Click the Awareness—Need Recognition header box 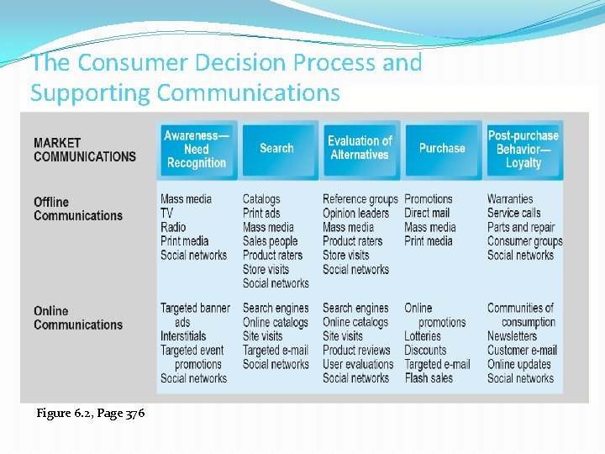coord(196,149)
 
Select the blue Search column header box coord(276,149)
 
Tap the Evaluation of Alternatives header coord(360,148)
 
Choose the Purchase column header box coord(442,148)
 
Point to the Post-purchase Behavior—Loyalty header coord(523,149)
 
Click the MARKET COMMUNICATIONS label coord(84,149)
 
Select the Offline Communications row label coord(77,209)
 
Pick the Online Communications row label coord(77,318)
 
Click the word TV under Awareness coord(166,213)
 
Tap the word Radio coord(173,227)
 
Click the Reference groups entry coord(360,199)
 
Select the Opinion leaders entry coord(355,213)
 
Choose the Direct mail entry coord(427,213)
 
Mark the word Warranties coord(510,199)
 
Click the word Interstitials coord(183,336)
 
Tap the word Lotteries coord(423,336)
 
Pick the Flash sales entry coord(428,378)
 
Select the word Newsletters coord(512,336)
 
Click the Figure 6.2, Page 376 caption coord(91,413)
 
